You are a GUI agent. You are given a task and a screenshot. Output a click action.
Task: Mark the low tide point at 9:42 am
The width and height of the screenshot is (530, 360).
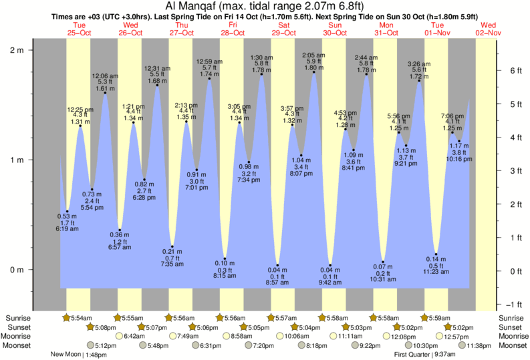330,265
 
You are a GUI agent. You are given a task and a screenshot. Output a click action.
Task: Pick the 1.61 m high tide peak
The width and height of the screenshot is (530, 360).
105,93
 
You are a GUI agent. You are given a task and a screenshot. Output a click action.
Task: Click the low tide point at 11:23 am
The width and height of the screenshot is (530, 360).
436,254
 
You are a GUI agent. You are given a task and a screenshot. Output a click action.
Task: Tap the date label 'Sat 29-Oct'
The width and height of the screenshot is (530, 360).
284,29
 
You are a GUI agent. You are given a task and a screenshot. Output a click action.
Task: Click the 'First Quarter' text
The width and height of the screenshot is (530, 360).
412,355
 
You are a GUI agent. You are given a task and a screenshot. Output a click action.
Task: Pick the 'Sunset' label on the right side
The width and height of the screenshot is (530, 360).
511,327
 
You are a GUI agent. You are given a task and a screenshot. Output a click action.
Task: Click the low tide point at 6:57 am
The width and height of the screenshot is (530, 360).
120,230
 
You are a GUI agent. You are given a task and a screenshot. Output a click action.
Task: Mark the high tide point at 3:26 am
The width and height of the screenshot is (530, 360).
419,81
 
